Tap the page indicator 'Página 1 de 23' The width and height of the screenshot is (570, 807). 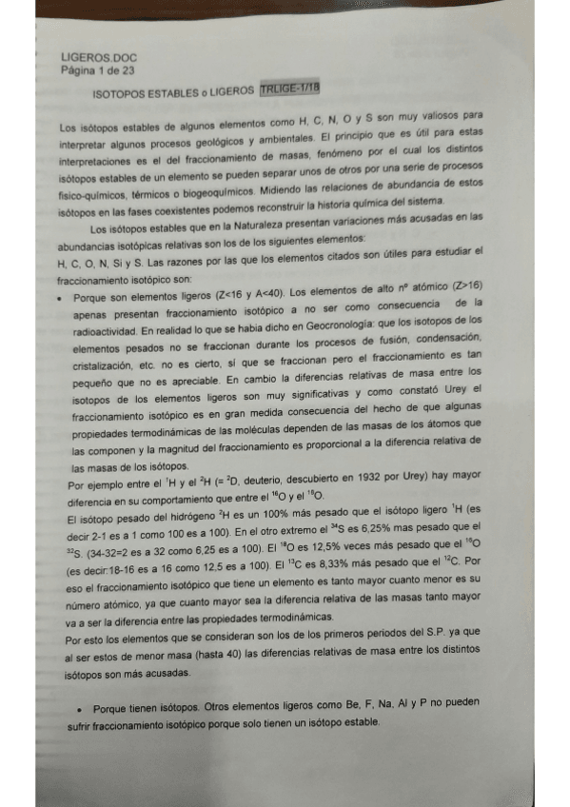(x=94, y=70)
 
